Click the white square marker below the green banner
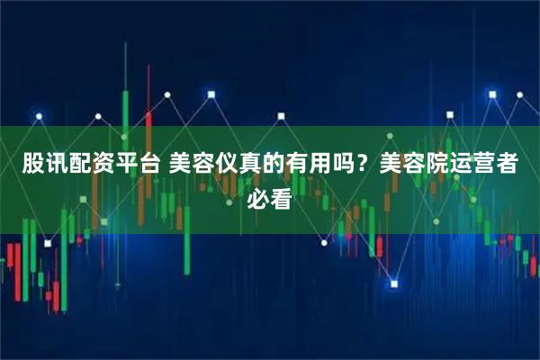click(394, 283)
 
